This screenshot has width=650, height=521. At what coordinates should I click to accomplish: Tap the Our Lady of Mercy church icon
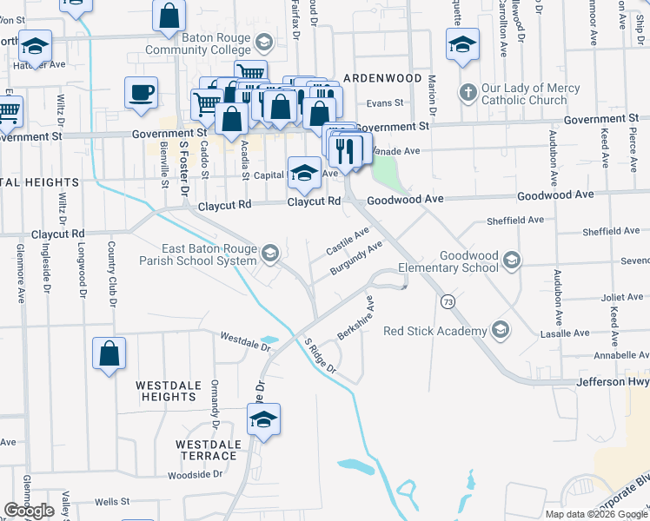[467, 91]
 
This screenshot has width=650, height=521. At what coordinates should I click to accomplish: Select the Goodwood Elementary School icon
[513, 260]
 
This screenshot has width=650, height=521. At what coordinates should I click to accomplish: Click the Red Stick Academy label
[435, 331]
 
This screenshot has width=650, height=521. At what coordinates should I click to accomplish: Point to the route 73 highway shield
[448, 301]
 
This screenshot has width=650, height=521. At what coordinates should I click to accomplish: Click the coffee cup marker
[141, 92]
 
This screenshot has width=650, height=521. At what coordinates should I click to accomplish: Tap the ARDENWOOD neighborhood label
[382, 78]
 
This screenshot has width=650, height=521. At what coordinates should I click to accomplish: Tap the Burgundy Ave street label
[356, 259]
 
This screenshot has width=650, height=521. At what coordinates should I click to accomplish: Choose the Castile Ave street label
[348, 240]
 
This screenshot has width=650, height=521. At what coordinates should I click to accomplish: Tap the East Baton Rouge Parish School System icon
[269, 253]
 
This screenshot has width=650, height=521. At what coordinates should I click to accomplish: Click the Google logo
[29, 511]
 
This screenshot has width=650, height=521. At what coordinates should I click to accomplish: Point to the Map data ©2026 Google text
[595, 514]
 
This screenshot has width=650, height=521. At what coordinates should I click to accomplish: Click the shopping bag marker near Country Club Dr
[109, 353]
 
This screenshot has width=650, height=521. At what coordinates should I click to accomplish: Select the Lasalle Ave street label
[590, 333]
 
